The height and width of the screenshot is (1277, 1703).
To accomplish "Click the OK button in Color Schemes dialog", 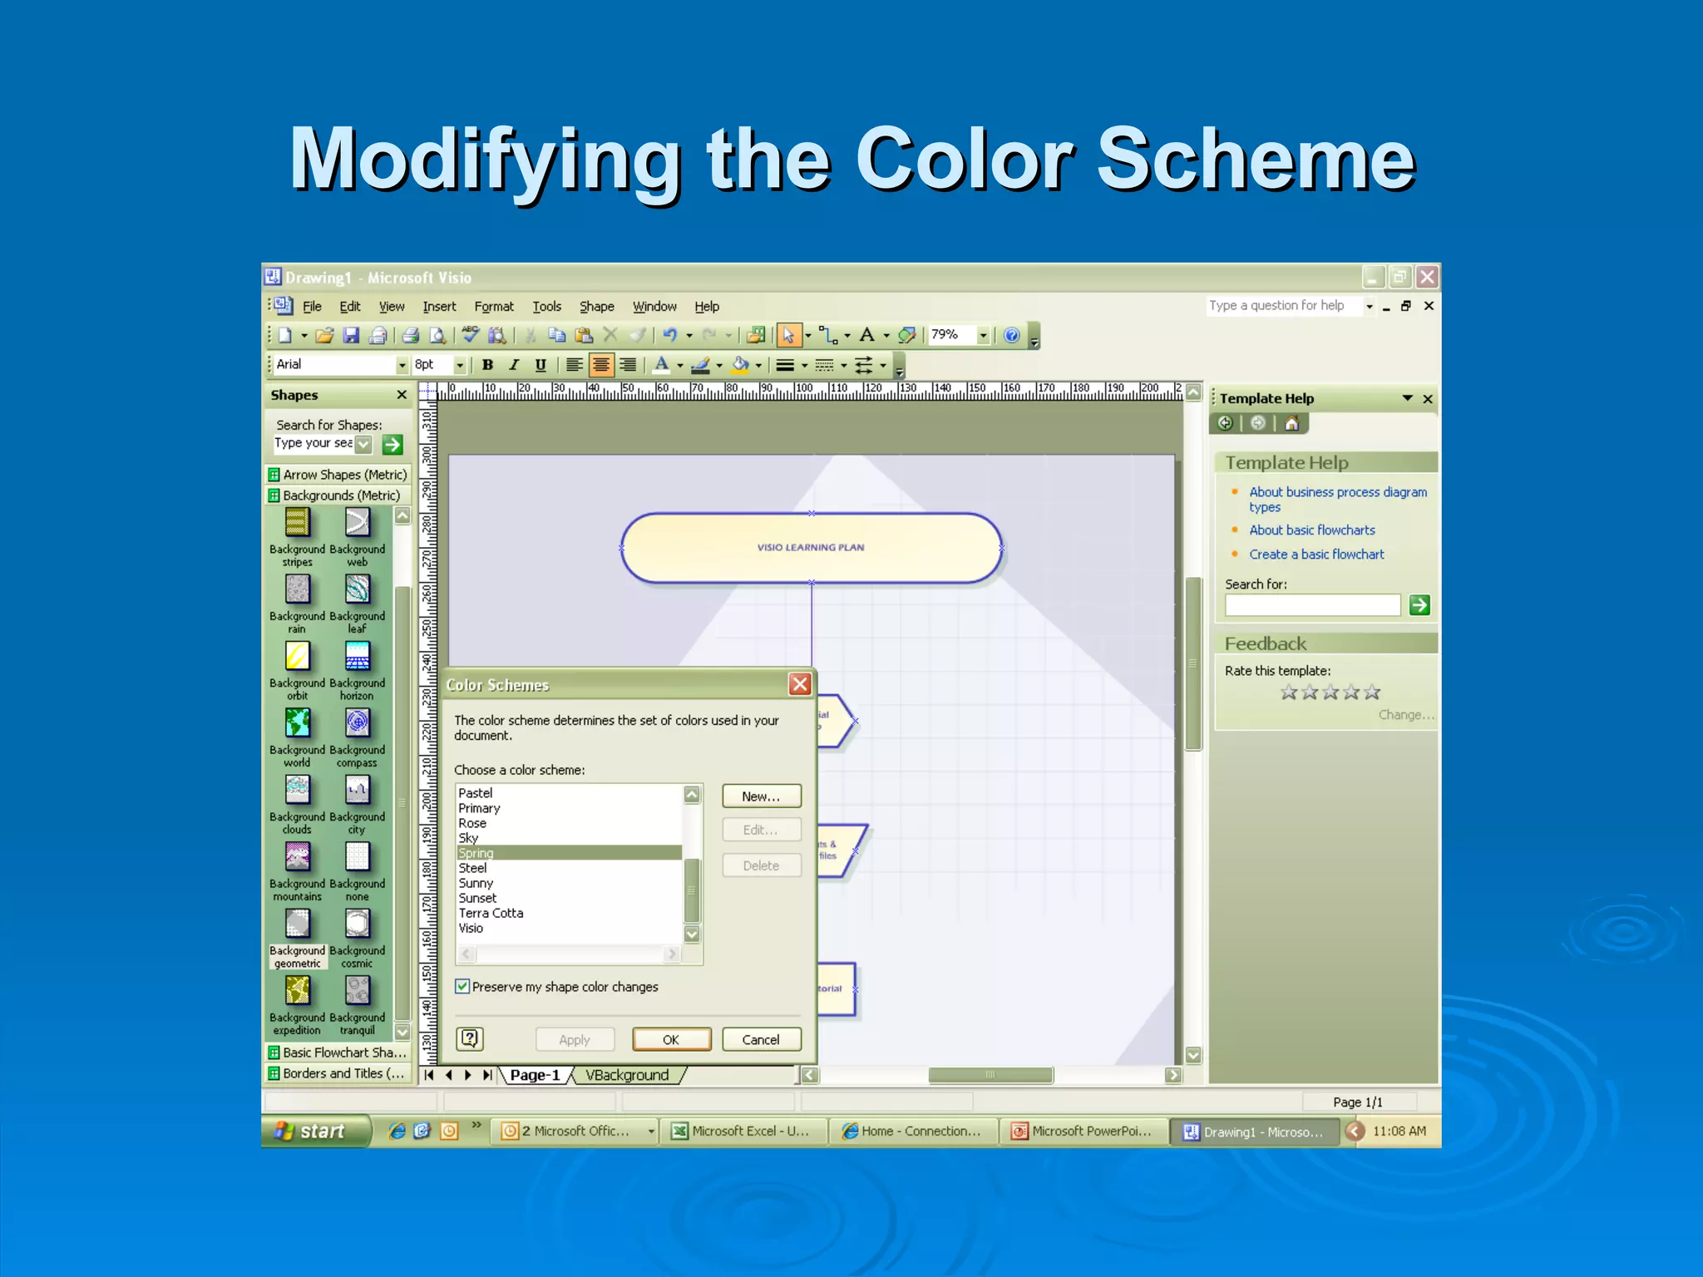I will coord(671,1039).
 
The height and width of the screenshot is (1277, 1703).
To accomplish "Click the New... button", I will coord(761,796).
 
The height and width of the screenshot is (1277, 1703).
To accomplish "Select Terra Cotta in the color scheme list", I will coord(491,913).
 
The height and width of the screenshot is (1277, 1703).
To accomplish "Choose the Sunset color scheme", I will coord(477,898).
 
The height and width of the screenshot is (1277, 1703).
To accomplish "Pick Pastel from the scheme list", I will coord(476,793).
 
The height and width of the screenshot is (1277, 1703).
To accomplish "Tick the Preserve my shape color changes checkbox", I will coord(463,987).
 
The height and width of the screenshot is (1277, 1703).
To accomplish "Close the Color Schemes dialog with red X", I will coord(800,684).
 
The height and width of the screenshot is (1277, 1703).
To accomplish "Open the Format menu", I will coord(494,307).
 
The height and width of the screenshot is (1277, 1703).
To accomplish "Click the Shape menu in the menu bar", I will coord(596,307).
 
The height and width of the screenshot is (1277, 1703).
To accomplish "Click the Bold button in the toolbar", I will coord(488,365).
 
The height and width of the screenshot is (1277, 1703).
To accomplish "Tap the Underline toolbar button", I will coord(541,365).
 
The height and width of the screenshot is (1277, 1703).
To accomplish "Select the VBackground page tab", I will coord(627,1075).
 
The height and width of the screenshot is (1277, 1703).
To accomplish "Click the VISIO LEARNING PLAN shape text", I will coord(811,547).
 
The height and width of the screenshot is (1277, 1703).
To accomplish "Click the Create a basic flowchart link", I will coord(1316,555).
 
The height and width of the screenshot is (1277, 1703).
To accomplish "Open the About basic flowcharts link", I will coord(1311,530).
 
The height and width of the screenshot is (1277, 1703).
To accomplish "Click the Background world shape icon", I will coord(298,723).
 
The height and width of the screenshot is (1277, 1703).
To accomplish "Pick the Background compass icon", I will coord(358,723).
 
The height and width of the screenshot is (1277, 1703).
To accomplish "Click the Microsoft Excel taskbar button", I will coord(743,1132).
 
